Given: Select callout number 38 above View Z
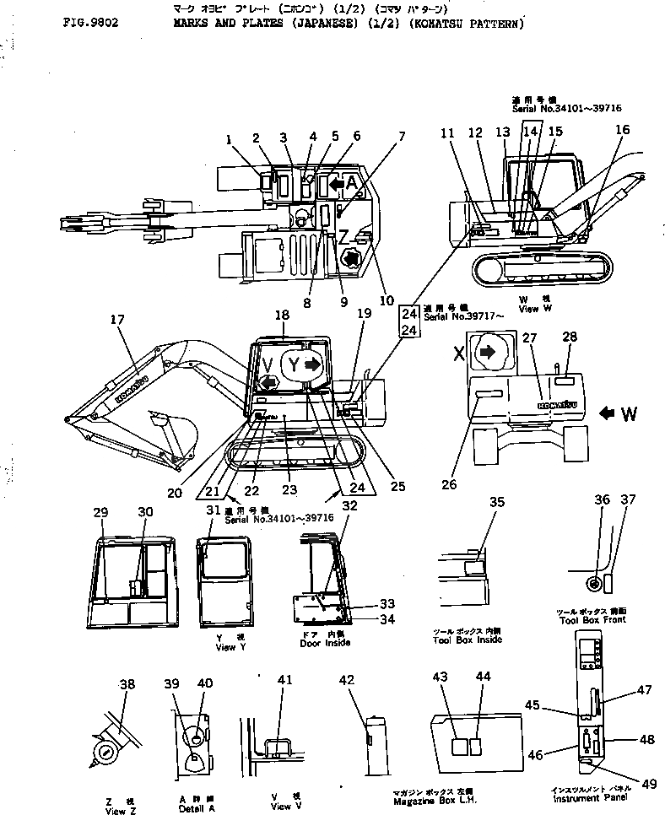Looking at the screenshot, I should (x=127, y=685).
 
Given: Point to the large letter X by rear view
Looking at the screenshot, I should (x=457, y=354).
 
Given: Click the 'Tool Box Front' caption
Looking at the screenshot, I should (x=591, y=620).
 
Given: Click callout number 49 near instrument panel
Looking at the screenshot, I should (x=648, y=784).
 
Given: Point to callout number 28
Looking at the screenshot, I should (x=570, y=337).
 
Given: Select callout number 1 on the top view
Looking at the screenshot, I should (x=228, y=138).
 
